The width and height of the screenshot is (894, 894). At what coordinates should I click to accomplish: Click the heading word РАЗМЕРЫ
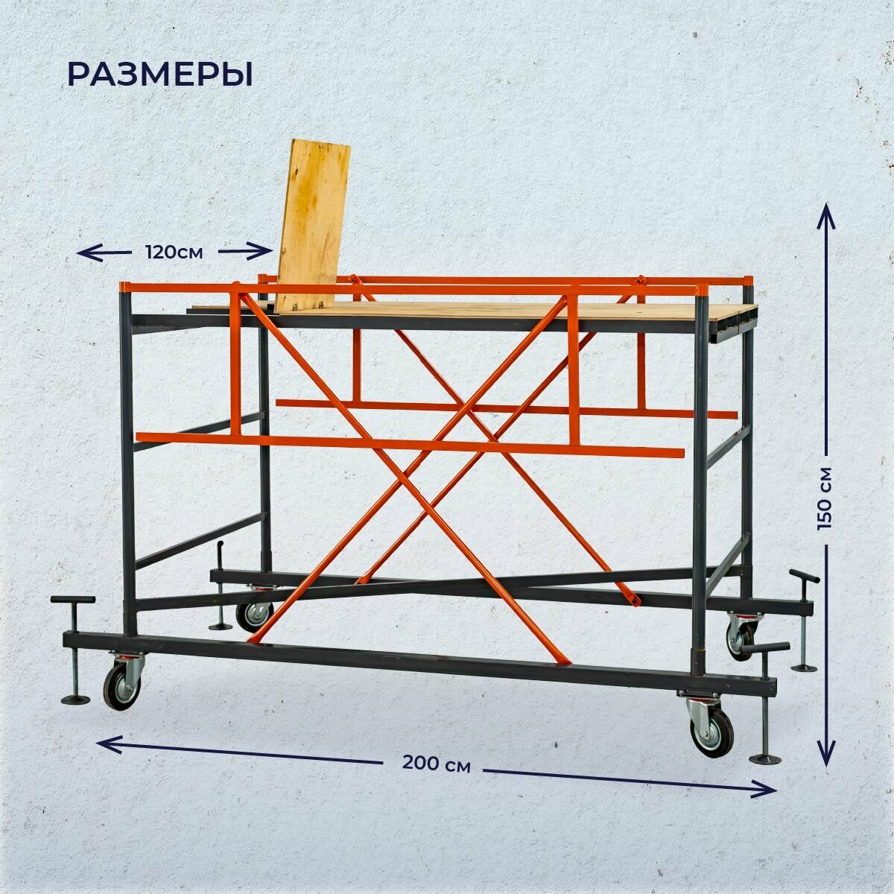(159, 75)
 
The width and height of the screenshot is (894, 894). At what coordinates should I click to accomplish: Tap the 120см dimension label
(174, 252)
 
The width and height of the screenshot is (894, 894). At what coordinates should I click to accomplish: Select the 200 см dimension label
(437, 764)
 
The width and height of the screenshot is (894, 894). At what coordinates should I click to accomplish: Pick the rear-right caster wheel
(741, 637)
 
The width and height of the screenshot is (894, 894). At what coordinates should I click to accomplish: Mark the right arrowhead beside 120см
(264, 252)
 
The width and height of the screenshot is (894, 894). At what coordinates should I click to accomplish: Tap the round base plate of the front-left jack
(75, 700)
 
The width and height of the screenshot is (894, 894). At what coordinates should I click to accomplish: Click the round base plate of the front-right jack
(765, 759)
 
